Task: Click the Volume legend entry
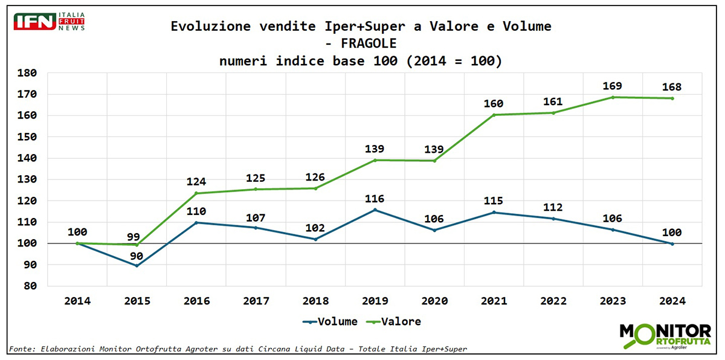(330, 321)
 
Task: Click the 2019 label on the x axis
(375, 300)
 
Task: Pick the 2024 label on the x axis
(672, 300)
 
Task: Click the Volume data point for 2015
(137, 265)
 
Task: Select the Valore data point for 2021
(494, 115)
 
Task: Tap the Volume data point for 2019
(375, 210)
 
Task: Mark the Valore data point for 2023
(613, 97)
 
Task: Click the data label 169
(613, 86)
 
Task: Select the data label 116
(375, 199)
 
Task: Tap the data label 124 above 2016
(196, 181)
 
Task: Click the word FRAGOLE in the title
(369, 43)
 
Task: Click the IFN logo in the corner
(49, 22)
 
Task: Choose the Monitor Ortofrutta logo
(665, 336)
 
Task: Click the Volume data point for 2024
(672, 243)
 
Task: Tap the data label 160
(494, 103)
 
